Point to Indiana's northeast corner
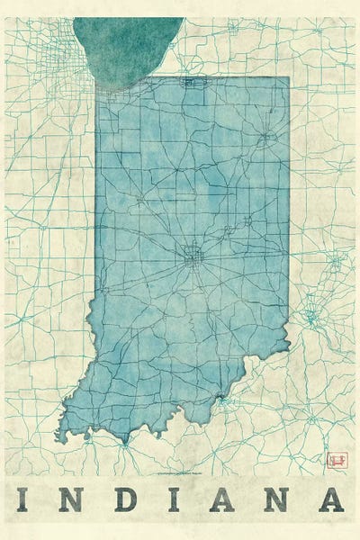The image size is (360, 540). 288,78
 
